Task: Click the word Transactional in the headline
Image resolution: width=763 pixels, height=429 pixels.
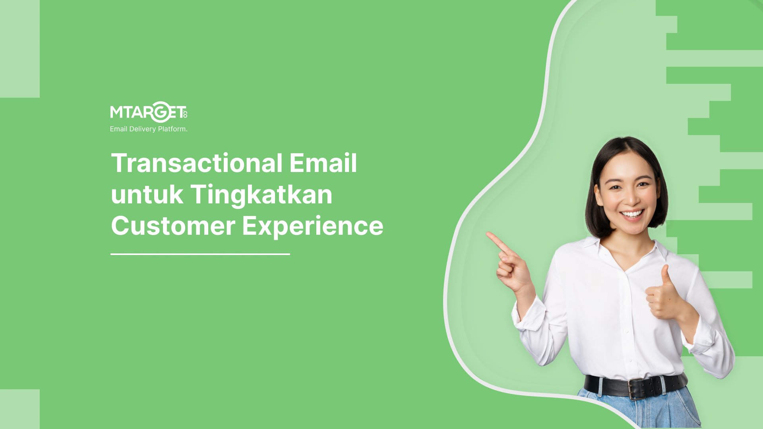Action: click(197, 163)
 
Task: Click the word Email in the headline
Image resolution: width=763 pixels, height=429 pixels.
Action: click(323, 163)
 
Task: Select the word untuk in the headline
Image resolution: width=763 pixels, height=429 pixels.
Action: click(147, 195)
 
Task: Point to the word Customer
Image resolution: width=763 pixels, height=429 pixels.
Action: click(173, 226)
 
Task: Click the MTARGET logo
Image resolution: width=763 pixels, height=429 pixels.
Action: click(149, 112)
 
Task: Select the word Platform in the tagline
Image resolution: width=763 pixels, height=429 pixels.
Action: click(172, 129)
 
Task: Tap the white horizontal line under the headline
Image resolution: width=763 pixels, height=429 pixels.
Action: click(200, 254)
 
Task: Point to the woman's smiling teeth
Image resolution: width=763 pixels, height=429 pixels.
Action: click(632, 214)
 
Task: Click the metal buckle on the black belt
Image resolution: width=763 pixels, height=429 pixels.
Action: click(637, 388)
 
